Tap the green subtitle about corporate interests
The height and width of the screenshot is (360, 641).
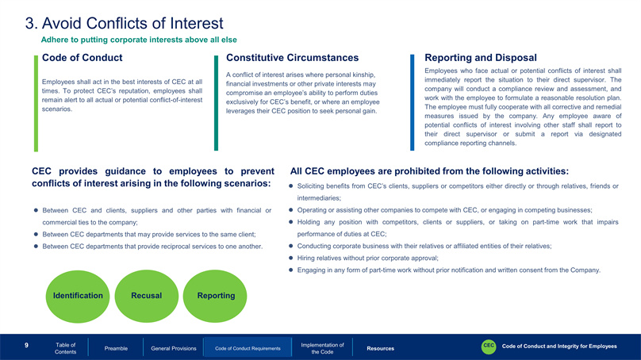139,40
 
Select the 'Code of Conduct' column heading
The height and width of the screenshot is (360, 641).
83,58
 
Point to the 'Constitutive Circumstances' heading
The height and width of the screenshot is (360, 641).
292,58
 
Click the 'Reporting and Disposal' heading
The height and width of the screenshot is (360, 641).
480,58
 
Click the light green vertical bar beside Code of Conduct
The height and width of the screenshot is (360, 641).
36,103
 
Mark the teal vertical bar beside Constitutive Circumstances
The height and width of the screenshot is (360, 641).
217,103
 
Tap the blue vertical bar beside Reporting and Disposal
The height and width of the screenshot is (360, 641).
412,102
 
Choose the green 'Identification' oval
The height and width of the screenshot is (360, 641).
78,297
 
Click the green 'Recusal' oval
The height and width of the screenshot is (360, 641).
146,297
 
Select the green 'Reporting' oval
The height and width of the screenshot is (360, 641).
215,297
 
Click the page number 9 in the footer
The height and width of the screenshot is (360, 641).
26,345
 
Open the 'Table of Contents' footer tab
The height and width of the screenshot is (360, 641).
65,348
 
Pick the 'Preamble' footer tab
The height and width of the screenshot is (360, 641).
116,349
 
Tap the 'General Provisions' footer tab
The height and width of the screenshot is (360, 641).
174,349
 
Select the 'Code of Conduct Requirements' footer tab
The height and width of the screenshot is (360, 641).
248,348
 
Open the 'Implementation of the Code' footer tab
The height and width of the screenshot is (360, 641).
323,348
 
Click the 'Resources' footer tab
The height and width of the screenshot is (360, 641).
381,349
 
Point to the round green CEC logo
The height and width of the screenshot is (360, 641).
489,347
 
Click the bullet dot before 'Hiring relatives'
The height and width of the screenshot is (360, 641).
290,258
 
